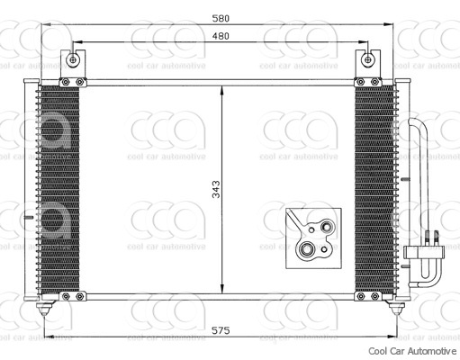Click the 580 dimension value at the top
pos(221,18)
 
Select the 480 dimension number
pos(221,36)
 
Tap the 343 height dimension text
pos(216,189)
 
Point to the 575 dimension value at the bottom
pos(221,330)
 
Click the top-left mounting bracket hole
pos(72,60)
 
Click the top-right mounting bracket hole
pos(367,60)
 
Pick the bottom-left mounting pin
pos(44,308)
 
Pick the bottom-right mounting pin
pos(396,308)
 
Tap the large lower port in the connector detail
pos(306,249)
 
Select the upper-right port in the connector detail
pos(327,226)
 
